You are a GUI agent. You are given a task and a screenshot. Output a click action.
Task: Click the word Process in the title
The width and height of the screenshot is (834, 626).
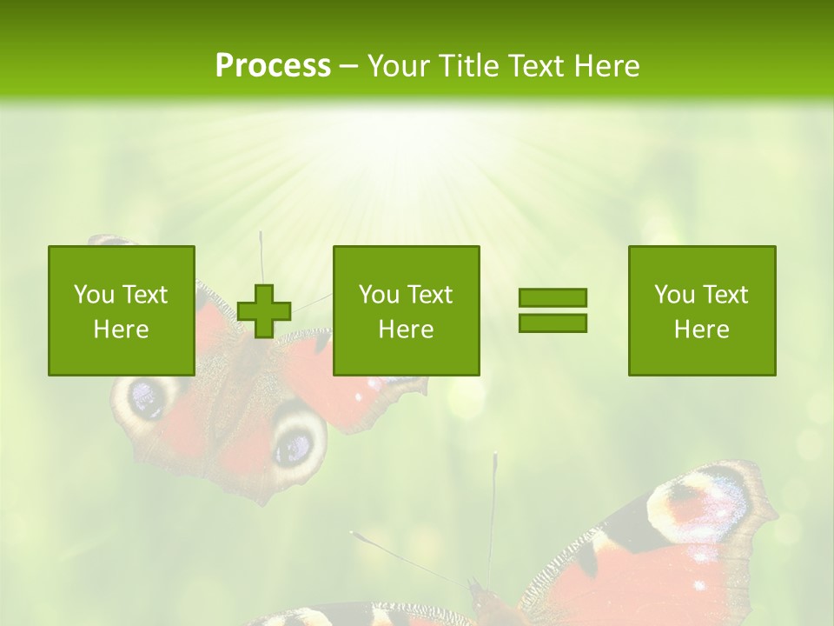tap(273, 66)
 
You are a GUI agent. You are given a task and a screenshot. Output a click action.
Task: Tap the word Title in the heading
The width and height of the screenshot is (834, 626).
tap(470, 66)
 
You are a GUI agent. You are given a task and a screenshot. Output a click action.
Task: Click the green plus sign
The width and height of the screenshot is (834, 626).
tap(264, 310)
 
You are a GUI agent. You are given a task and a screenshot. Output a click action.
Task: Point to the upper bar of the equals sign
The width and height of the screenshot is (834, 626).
tap(553, 297)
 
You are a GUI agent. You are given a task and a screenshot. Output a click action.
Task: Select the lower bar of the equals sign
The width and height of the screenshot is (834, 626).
tap(553, 323)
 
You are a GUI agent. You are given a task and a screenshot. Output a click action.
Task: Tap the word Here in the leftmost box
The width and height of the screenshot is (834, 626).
tap(122, 330)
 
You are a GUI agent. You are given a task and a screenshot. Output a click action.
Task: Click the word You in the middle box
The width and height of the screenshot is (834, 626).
tap(379, 295)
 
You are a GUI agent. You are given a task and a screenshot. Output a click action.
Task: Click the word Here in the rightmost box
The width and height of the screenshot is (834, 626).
tap(702, 330)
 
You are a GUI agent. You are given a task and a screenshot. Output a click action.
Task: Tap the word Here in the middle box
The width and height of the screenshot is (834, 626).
tap(407, 330)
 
